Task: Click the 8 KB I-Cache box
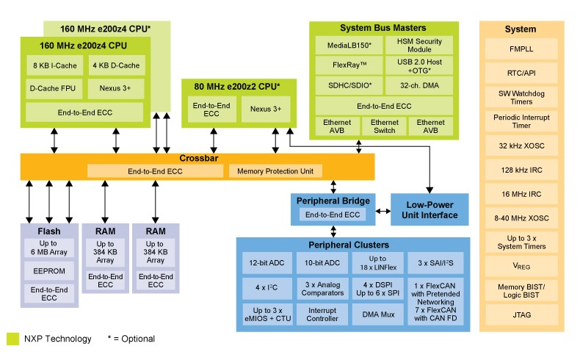55,65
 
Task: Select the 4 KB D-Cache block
116,65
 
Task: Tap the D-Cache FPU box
54,88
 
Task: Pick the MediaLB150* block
349,45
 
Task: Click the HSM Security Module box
419,45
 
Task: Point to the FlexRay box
349,65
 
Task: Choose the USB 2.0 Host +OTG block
419,66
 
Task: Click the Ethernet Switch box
384,126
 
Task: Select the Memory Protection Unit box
275,171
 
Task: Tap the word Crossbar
199,159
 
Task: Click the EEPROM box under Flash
49,271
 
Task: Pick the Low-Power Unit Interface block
429,209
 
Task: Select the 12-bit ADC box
267,263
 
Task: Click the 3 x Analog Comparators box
322,289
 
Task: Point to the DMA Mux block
378,314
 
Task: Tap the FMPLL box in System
521,48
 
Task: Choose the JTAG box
521,315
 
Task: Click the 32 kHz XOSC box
521,145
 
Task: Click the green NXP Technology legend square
12,339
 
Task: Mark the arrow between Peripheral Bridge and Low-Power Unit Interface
383,212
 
